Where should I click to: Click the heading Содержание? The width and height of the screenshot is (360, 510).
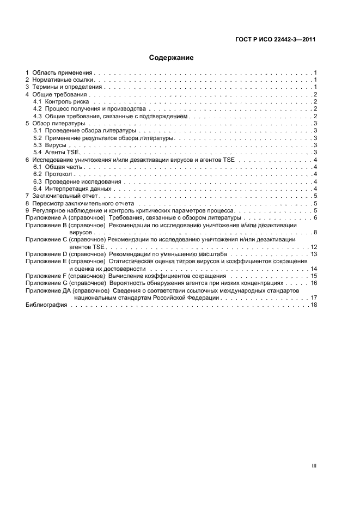pos(171,57)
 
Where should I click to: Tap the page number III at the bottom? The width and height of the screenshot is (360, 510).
pos(314,466)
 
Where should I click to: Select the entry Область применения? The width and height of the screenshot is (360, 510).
pos(63,72)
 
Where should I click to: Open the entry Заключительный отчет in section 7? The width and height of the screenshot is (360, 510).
pos(67,196)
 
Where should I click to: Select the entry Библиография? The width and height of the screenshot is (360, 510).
pos(46,305)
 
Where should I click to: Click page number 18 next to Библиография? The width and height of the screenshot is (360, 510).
pos(314,305)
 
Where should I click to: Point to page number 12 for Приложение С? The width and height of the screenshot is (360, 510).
pos(314,247)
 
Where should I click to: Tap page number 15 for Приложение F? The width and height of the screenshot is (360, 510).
pos(314,276)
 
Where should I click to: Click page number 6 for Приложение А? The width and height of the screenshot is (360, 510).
pos(315,218)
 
